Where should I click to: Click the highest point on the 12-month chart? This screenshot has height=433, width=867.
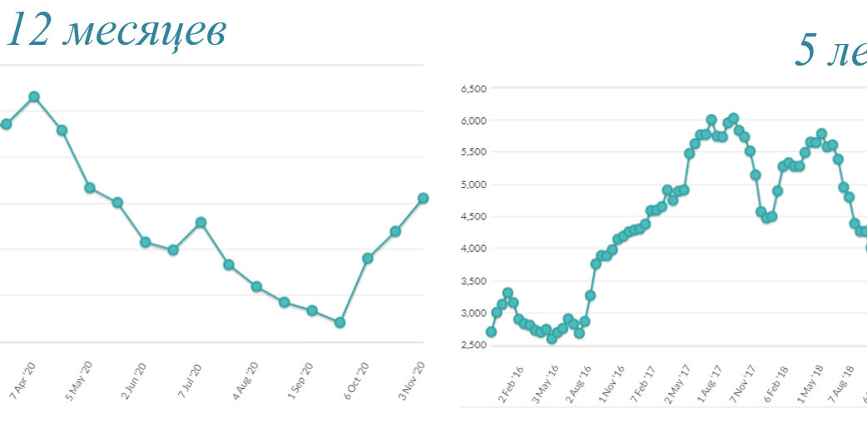[34, 96]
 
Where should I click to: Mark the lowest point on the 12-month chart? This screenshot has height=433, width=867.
[339, 322]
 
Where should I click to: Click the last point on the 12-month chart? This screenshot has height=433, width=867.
[423, 198]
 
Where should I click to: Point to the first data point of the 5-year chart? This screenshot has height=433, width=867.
[491, 332]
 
